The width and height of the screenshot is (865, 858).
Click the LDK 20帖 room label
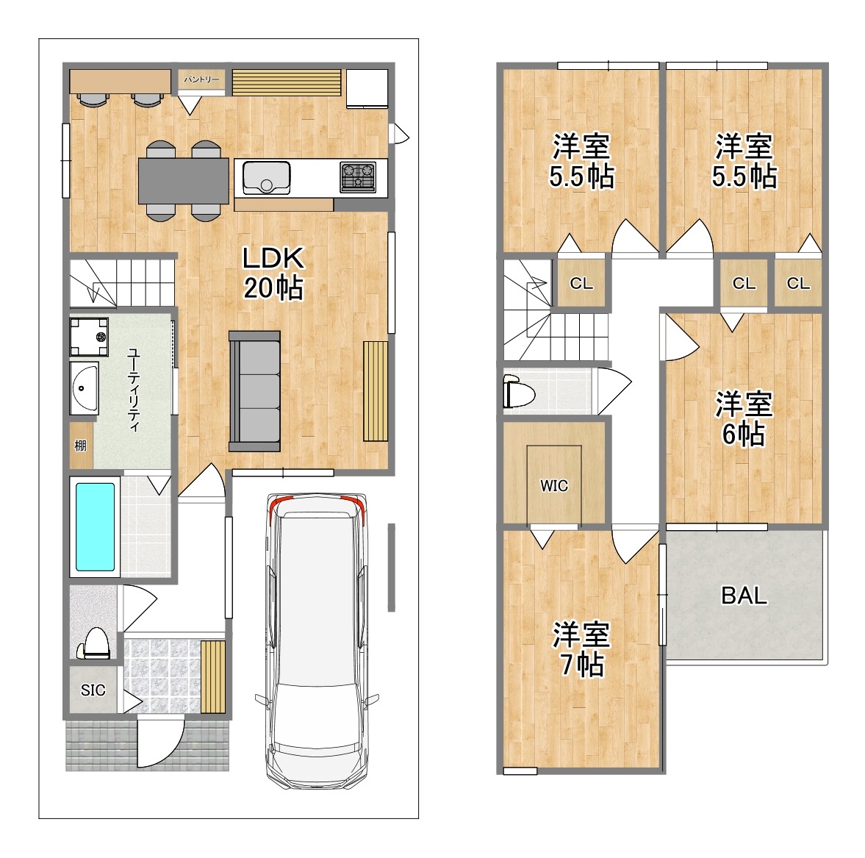[x=273, y=273]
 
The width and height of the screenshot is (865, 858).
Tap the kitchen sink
[x=267, y=178]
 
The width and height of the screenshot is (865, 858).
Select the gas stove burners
[x=357, y=176]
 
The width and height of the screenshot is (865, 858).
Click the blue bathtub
[x=95, y=526]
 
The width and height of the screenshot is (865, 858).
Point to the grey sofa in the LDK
[x=254, y=391]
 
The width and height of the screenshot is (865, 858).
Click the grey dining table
[x=183, y=180]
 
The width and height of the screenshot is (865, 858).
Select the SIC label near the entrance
[x=93, y=690]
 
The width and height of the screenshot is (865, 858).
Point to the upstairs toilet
[x=519, y=391]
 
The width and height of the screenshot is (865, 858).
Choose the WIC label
[x=554, y=485]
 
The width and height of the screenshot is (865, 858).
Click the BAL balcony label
[x=744, y=596]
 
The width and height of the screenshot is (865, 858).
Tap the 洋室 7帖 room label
[x=581, y=649]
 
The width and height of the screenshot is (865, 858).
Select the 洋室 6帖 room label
[x=744, y=418]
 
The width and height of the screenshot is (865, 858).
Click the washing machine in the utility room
[x=89, y=337]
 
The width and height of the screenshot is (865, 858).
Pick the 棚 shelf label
[x=81, y=446]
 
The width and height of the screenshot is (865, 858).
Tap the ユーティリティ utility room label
[x=134, y=390]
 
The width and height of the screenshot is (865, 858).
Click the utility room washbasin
[x=85, y=388]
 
